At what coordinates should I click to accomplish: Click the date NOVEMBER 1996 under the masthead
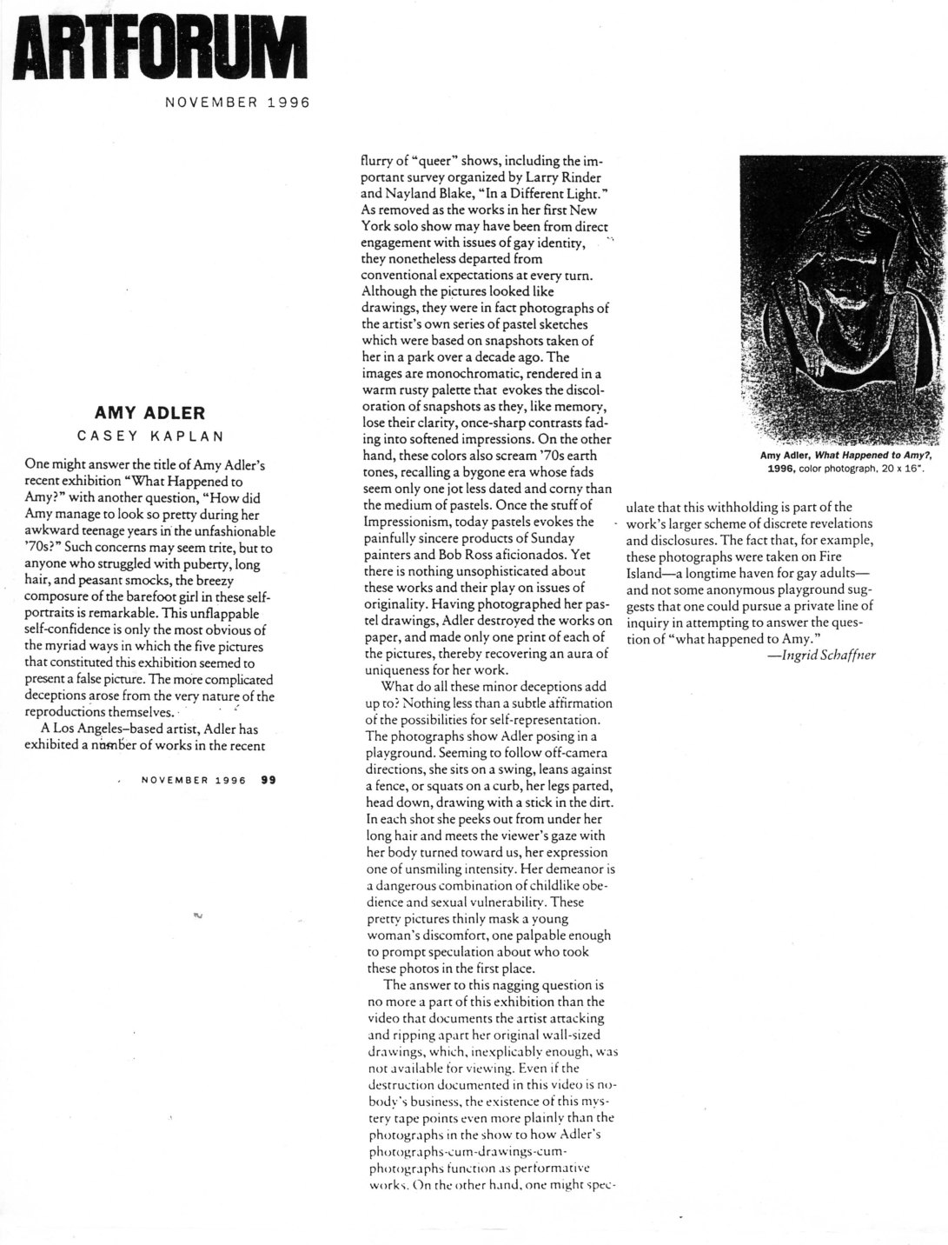tap(237, 101)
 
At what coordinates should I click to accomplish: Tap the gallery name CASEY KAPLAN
tap(149, 434)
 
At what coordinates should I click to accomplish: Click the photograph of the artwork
tap(841, 298)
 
